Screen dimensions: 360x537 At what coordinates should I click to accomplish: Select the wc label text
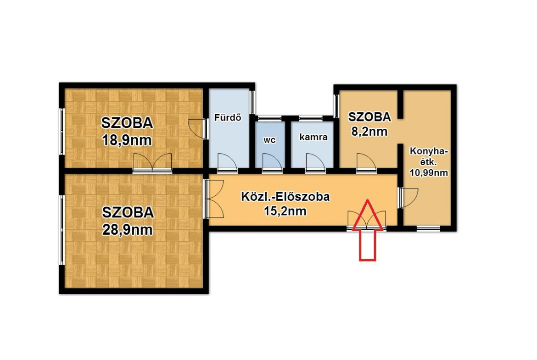(x=269, y=140)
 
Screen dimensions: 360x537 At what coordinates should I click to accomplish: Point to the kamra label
(x=313, y=137)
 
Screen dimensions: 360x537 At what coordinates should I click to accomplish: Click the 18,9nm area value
(x=127, y=139)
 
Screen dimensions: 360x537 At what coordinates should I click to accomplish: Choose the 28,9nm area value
(x=127, y=229)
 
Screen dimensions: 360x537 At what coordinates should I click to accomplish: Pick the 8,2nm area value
(x=369, y=132)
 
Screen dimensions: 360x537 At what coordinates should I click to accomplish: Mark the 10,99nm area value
(x=429, y=173)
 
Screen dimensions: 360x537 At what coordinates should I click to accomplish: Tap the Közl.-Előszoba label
(x=285, y=197)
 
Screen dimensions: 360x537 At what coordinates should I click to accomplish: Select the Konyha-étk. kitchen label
(x=429, y=157)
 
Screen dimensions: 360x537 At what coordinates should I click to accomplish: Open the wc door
(x=269, y=164)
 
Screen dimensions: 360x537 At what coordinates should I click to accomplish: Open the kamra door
(x=313, y=164)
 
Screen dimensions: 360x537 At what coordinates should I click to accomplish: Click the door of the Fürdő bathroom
(x=226, y=164)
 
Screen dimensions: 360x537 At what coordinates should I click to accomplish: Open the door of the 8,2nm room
(x=366, y=164)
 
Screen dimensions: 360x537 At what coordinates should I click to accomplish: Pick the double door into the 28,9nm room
(x=213, y=199)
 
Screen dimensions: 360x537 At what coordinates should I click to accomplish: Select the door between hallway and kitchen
(x=408, y=198)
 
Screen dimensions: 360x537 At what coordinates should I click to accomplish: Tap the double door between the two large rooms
(x=152, y=163)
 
